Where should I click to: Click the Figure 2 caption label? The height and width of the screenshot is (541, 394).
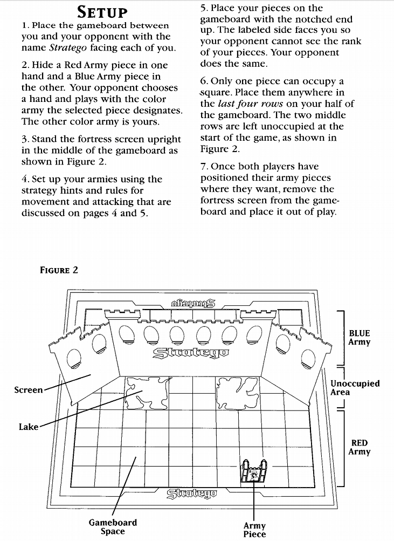click(x=59, y=270)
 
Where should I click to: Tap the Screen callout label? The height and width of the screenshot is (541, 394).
click(x=29, y=389)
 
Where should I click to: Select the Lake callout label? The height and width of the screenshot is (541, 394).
click(x=29, y=427)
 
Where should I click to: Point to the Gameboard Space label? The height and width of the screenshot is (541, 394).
click(x=113, y=526)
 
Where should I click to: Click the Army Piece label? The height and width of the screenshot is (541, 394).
click(x=254, y=530)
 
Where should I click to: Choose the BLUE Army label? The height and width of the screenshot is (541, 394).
click(x=360, y=338)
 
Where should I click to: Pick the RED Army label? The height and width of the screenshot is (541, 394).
click(x=360, y=447)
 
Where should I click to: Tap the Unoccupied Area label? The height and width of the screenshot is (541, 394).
click(x=355, y=388)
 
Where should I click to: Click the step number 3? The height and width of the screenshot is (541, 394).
click(x=24, y=140)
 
